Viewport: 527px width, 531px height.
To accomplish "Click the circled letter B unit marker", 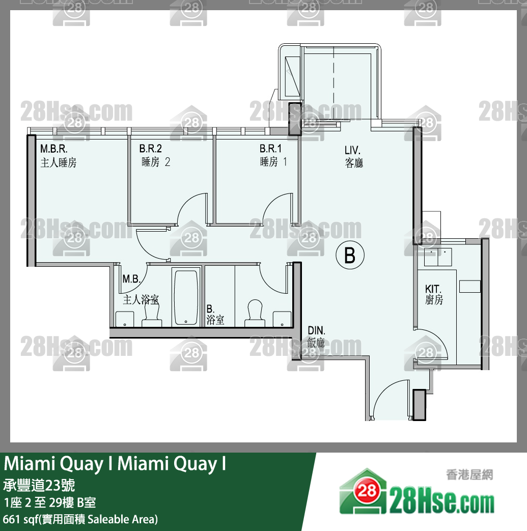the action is [x=350, y=255].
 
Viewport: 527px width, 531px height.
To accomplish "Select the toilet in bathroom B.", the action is [x=255, y=313].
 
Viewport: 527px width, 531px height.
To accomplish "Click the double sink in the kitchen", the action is [x=438, y=257].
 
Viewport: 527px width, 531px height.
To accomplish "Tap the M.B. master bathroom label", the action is [x=131, y=279].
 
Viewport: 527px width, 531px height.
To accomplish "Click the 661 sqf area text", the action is [x=80, y=519].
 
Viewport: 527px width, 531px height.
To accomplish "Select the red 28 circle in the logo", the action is [x=367, y=490].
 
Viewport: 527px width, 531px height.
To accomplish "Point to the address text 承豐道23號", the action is [x=39, y=485].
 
